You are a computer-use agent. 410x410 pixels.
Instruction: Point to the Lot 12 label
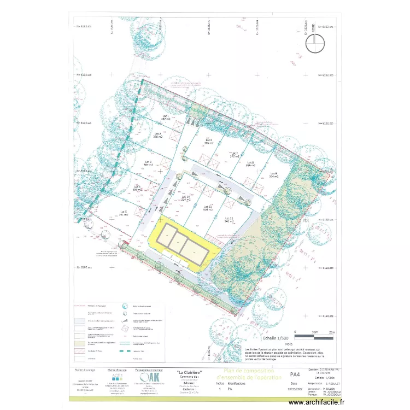[229, 220]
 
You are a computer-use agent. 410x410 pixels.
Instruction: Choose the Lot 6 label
[208, 141]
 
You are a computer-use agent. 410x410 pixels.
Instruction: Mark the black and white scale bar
[314, 332]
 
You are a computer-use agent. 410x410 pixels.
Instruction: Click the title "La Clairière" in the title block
[190, 373]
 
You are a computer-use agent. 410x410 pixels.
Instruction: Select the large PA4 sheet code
[294, 376]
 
